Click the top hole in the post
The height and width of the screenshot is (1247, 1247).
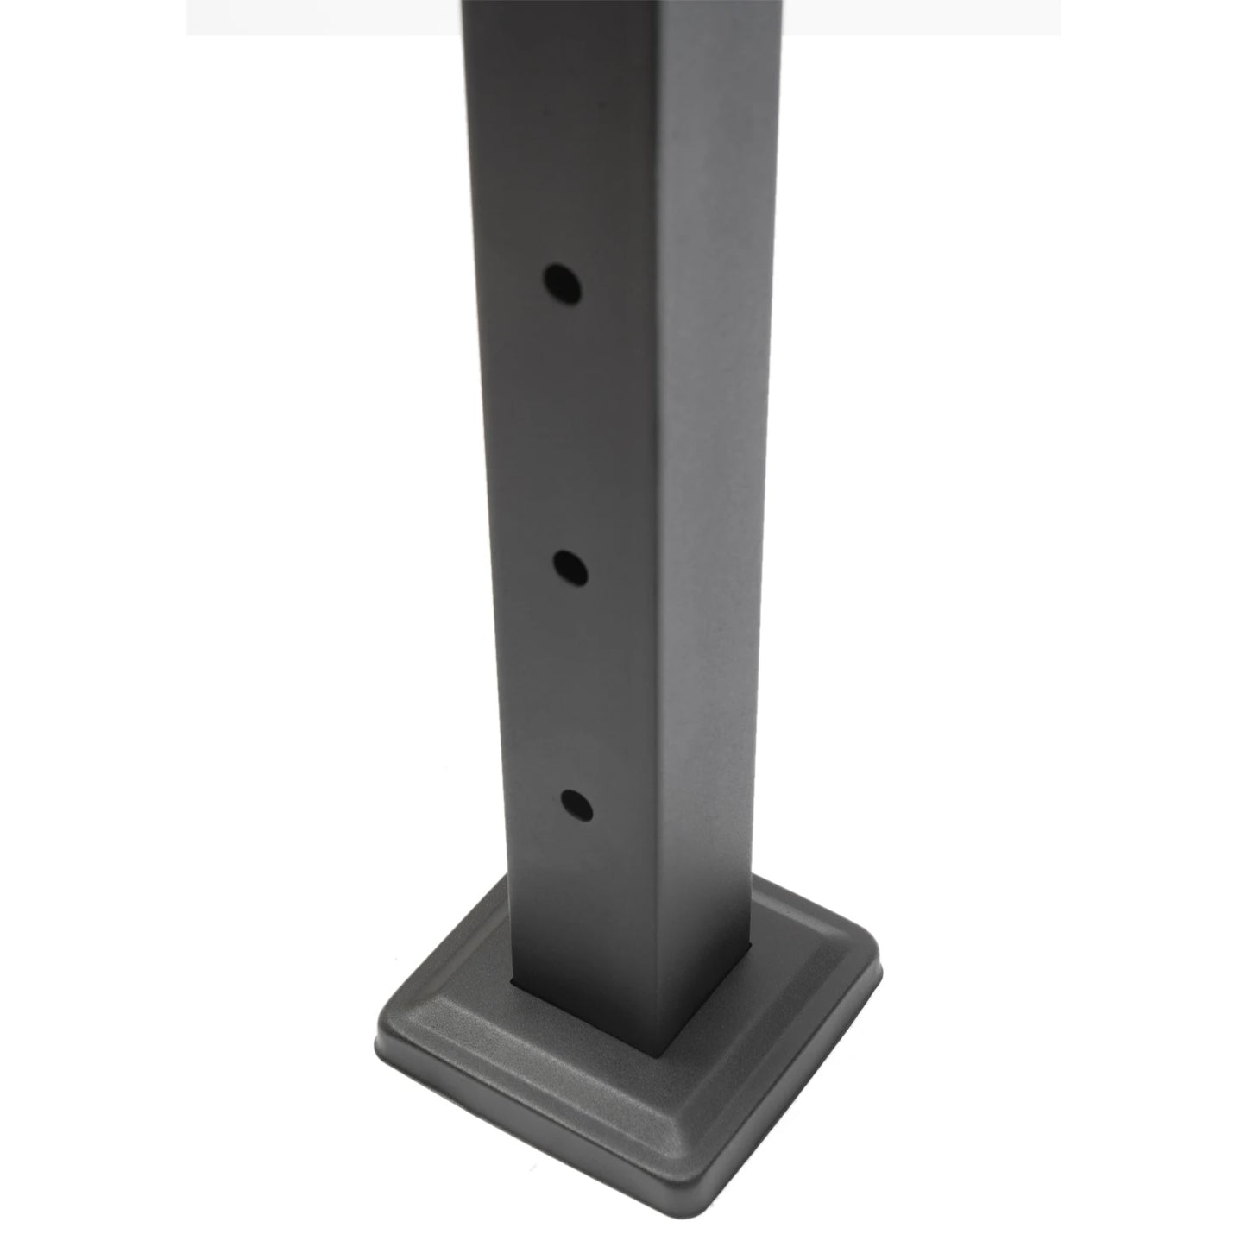pyautogui.click(x=561, y=283)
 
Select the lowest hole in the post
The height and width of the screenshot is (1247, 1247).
pyautogui.click(x=575, y=805)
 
